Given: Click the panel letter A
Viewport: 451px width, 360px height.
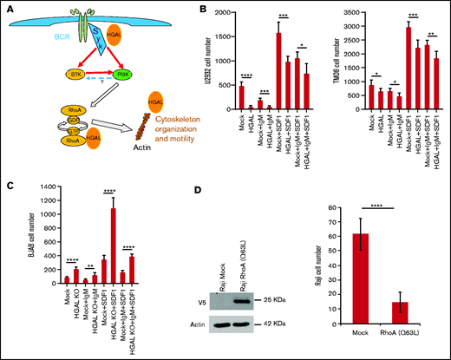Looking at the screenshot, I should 7,8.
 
